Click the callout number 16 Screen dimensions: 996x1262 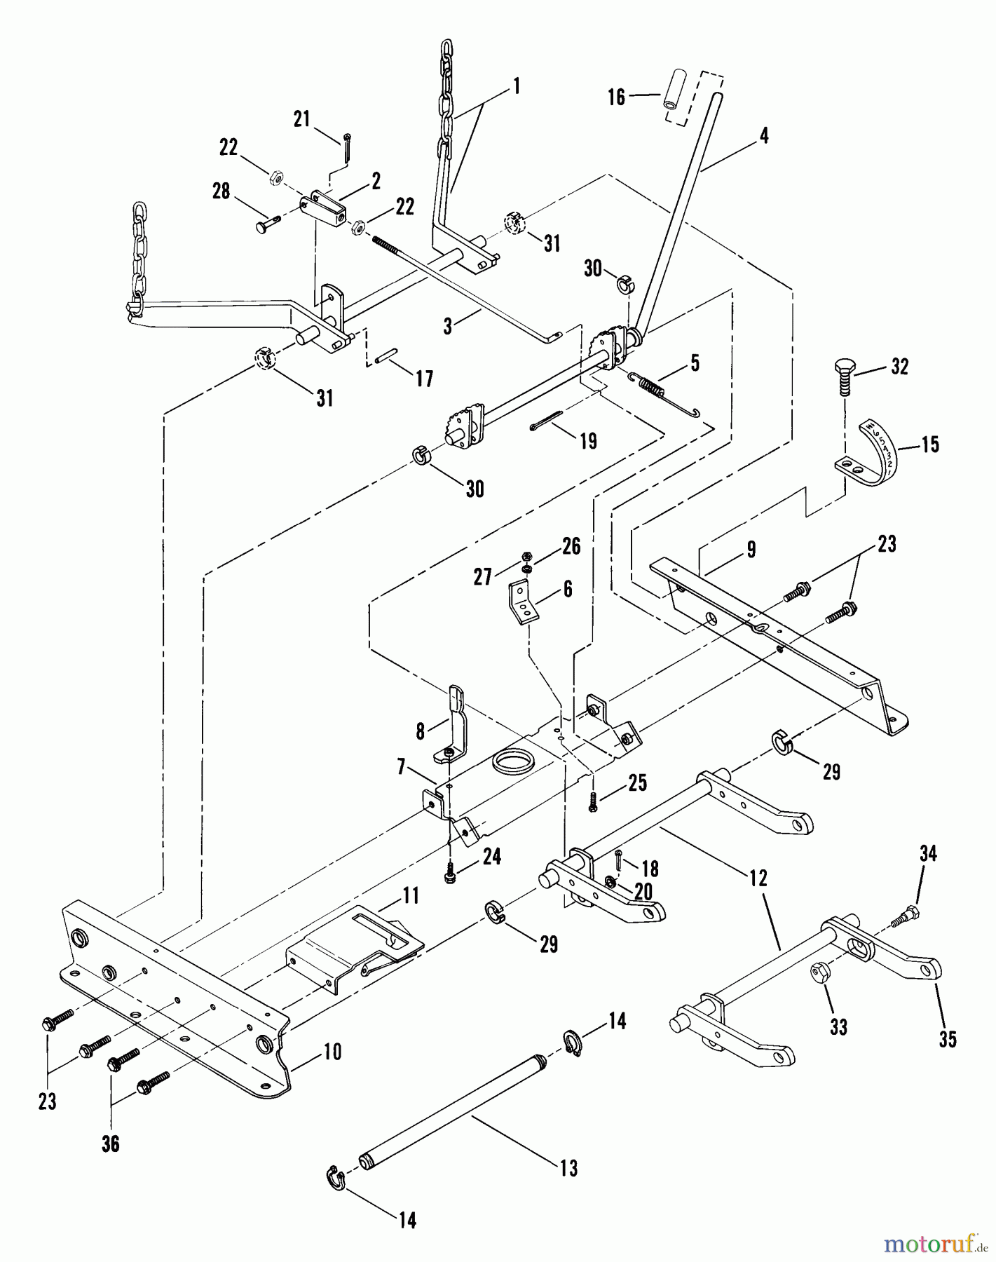(616, 97)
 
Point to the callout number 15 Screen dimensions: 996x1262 (929, 445)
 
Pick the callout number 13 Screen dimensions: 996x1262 (569, 1168)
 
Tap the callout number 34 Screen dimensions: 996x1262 (928, 853)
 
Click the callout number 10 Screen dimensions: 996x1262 (332, 1052)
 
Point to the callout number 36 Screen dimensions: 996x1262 (111, 1144)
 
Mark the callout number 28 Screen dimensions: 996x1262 (221, 191)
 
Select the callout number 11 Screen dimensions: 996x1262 (411, 895)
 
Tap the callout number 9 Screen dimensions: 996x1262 (751, 550)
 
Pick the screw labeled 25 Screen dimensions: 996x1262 (594, 799)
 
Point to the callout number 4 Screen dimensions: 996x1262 (764, 135)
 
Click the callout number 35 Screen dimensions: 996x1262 (948, 1039)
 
